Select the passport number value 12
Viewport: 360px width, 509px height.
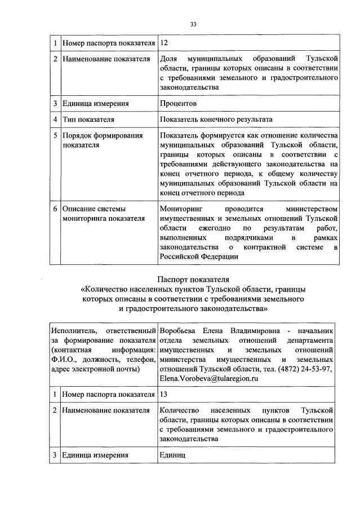coord(165,43)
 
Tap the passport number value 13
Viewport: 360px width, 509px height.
coord(165,395)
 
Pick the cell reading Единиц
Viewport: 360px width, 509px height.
coord(172,455)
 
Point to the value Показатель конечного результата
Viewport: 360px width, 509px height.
coord(216,119)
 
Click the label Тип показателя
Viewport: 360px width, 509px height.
coord(88,119)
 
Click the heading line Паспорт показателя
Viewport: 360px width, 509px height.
coord(193,279)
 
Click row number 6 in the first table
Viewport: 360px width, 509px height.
coord(55,209)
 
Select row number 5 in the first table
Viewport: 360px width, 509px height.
coord(55,135)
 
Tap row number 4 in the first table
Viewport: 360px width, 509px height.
coord(55,119)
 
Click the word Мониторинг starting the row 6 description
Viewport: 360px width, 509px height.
coord(181,209)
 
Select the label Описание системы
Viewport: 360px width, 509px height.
coord(94,209)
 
